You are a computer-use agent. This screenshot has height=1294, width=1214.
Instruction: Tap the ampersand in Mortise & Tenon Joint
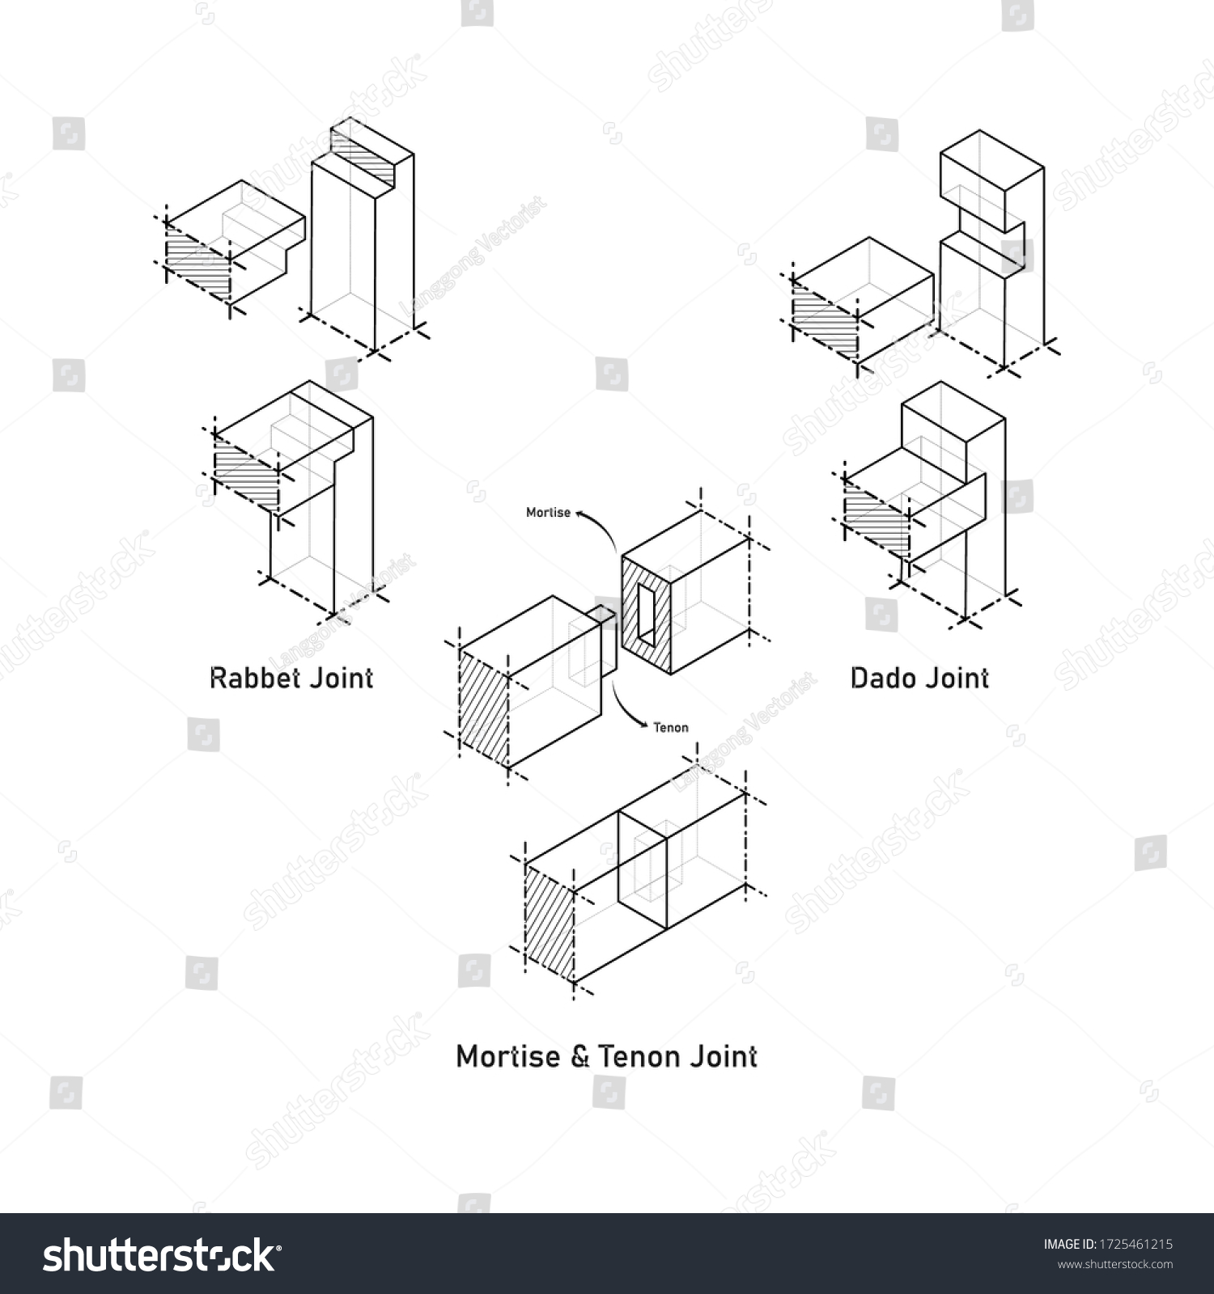(x=580, y=1056)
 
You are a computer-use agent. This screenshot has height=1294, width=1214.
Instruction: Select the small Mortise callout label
(x=548, y=513)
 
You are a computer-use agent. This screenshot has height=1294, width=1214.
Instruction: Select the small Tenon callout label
(x=671, y=727)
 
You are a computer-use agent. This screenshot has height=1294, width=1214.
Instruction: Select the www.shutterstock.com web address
(x=1115, y=1264)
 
